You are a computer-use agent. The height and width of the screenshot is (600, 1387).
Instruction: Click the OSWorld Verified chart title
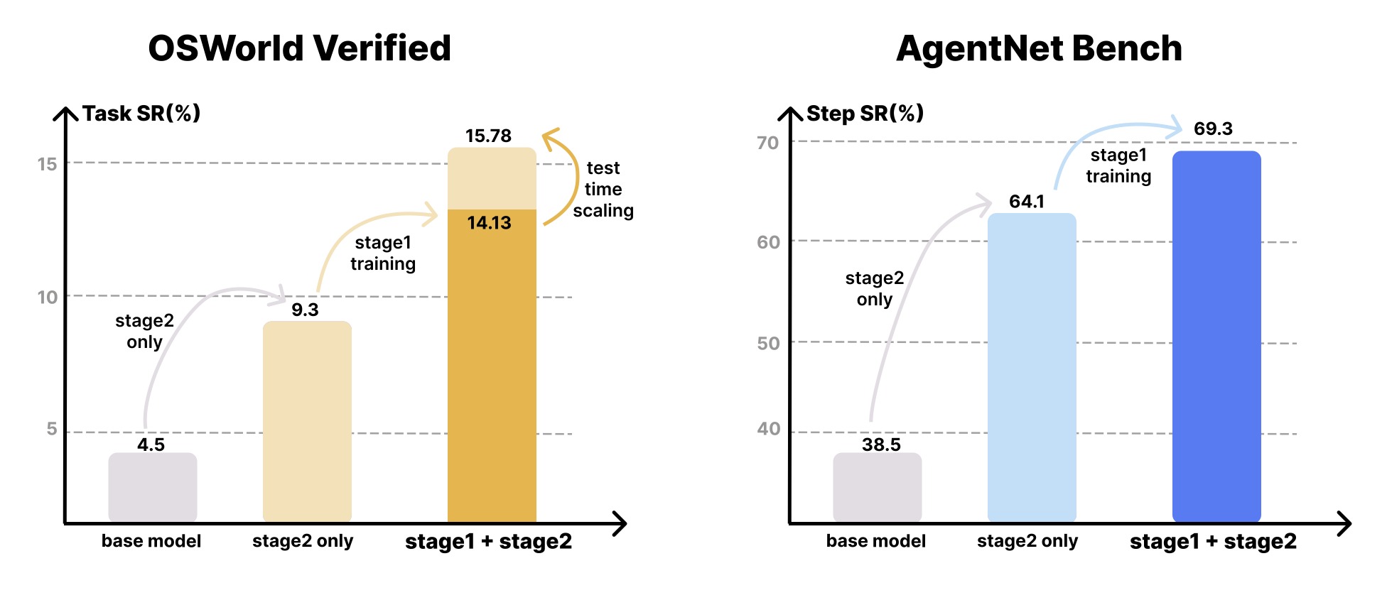pos(299,48)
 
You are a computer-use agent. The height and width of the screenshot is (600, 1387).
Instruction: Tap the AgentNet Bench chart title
pos(1039,48)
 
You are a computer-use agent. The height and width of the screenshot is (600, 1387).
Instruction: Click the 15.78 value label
pos(488,136)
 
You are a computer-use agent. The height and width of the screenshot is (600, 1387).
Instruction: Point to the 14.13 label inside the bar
pos(489,223)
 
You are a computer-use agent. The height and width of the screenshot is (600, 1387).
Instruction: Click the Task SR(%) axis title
pos(141,114)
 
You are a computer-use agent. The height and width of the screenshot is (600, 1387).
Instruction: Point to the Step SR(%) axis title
pos(865,114)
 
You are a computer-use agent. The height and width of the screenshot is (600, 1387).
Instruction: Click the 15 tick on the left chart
pos(47,165)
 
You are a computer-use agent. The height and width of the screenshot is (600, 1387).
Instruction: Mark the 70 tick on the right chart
pos(767,143)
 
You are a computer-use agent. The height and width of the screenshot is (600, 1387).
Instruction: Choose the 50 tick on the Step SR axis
pos(768,344)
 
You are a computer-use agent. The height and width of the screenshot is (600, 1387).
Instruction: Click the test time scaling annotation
pos(603,190)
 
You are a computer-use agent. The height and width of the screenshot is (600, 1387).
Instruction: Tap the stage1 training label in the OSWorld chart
pos(383,253)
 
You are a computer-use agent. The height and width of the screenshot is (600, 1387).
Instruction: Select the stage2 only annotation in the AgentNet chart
pos(874,288)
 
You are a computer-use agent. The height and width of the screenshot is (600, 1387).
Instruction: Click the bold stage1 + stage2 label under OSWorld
pos(488,542)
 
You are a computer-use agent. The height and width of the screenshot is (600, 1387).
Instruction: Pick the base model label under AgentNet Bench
pos(875,541)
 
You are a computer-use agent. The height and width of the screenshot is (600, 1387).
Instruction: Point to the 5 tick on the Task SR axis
pos(52,429)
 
